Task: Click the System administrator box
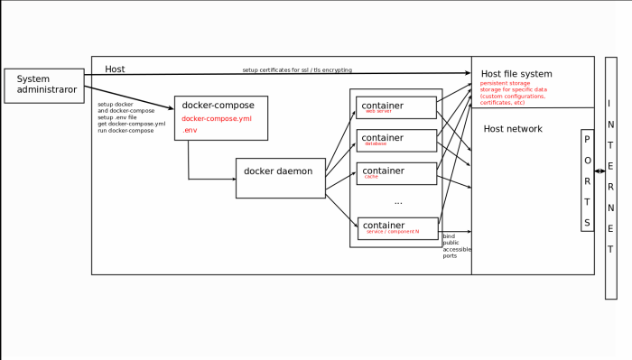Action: tap(44, 85)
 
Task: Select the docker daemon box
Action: tap(280, 178)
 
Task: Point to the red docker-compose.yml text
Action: tap(217, 118)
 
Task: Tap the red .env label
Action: tap(190, 131)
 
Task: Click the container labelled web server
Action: tap(396, 107)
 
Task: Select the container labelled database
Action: tap(396, 140)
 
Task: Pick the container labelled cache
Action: tap(396, 172)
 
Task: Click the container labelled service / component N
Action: tap(397, 227)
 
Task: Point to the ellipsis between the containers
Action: tap(398, 202)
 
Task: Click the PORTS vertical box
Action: tap(588, 180)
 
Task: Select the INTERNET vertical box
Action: tap(611, 178)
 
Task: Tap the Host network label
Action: tap(513, 129)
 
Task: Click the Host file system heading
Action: tap(516, 74)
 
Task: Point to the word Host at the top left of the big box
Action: tap(115, 69)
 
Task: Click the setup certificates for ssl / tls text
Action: tap(297, 69)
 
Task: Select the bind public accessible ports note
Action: tap(457, 245)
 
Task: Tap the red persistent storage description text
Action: tap(514, 93)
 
